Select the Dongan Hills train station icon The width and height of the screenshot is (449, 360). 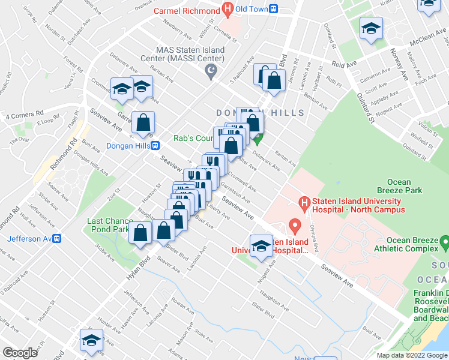coord(155,145)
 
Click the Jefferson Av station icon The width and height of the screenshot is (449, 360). coord(58,238)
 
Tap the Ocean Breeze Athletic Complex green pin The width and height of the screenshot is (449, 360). coord(444,242)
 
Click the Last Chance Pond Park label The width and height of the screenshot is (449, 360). coord(108,225)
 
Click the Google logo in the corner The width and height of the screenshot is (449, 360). coord(20,353)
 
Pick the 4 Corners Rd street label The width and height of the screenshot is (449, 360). coord(25,113)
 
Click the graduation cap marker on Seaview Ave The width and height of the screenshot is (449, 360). coord(261,247)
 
